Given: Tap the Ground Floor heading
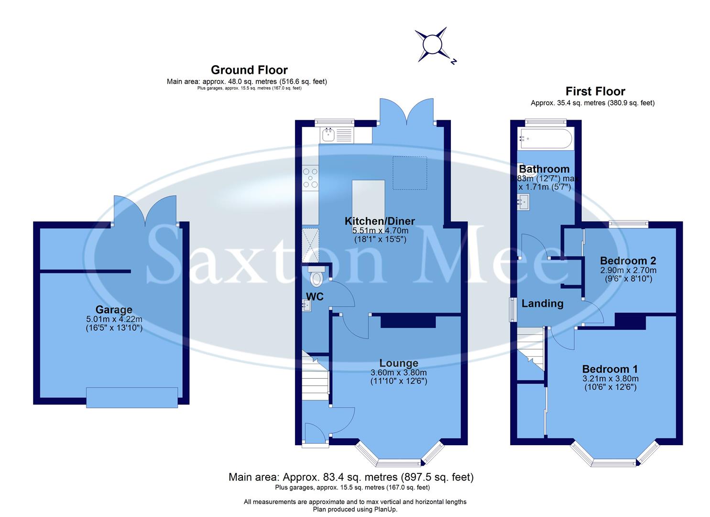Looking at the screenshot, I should click(249, 70).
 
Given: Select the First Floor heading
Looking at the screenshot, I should click(595, 91).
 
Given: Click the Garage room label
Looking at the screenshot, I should click(113, 310).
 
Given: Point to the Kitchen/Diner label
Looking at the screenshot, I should click(380, 221).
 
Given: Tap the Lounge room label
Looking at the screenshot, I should click(399, 363).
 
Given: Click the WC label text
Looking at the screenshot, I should click(315, 297).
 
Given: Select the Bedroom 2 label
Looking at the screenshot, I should click(628, 261).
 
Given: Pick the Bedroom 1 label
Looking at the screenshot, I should click(610, 369).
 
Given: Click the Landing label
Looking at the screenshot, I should click(542, 303).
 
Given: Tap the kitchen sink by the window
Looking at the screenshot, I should click(328, 135).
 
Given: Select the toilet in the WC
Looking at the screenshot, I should click(316, 276).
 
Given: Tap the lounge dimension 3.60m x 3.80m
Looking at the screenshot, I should click(399, 373).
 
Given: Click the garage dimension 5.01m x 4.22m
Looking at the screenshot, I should click(113, 319).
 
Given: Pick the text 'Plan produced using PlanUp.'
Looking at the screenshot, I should click(355, 509).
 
